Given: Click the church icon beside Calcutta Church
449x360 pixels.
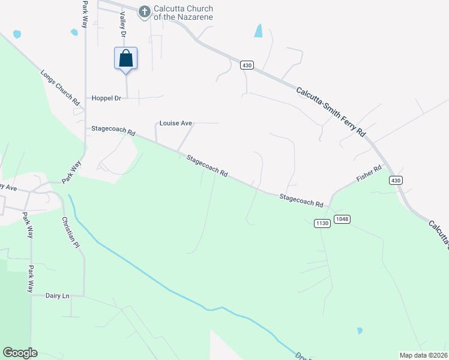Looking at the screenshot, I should coord(144,11).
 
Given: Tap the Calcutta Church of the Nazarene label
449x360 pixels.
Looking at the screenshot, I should coord(184,12).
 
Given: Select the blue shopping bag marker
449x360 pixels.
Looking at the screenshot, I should coord(125,59).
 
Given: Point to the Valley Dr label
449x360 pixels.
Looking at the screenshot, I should coord(123,26).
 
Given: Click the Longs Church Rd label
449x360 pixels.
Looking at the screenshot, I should coord(60,88).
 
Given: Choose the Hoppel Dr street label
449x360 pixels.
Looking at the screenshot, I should coord(106,98).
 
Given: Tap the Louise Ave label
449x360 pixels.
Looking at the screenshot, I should coord(175,124).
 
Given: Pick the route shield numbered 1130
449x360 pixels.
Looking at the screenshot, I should coord(322,223).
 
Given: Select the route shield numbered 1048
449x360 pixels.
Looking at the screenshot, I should coord(342,218).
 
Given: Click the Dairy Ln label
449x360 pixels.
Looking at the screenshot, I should coord(58,295).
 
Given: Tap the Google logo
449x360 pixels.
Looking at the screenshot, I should coord(20,353).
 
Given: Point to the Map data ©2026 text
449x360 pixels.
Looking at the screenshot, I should coord(423,355).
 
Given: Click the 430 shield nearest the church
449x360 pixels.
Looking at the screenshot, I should coord(247,65).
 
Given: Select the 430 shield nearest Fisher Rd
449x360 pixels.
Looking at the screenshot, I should coord(394,180).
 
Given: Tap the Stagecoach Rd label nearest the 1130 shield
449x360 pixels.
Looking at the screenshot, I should coord(301,200).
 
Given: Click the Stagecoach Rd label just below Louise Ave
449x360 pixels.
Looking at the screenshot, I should coord(206,166).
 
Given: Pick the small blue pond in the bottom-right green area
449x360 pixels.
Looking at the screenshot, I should coord(360,331).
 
